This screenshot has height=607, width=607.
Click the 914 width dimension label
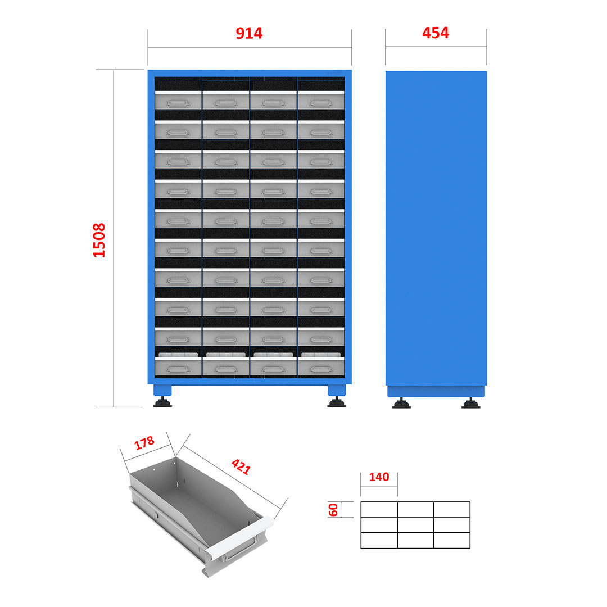coord(249,33)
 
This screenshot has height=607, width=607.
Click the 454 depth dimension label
coord(436,33)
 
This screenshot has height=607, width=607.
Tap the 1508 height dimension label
coord(99,240)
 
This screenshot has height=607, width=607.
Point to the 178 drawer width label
coord(144,443)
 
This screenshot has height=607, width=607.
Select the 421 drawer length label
coord(241,466)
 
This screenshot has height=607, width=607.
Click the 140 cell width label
coord(379,477)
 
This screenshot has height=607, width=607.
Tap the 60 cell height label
coord(333,509)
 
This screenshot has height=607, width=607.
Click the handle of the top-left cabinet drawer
coord(178,103)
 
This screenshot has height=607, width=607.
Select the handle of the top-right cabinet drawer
coord(321,103)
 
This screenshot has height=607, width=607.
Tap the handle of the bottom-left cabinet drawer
coord(178,369)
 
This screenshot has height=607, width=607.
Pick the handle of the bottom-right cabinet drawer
coord(321,369)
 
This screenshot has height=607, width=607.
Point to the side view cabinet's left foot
coord(401,403)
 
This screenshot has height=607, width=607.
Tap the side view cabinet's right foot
coord(471,403)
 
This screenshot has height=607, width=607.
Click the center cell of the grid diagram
coord(415,525)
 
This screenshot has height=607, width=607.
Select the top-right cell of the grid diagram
coord(452,510)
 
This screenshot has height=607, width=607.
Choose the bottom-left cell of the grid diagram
coord(379,541)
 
